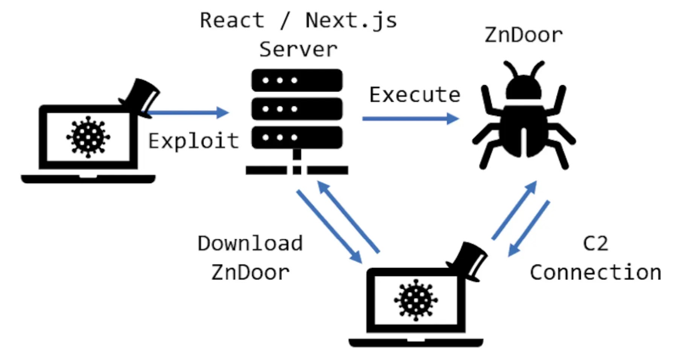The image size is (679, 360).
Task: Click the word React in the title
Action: click(232, 20)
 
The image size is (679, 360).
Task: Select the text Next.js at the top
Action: click(351, 20)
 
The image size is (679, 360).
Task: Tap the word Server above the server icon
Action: click(298, 50)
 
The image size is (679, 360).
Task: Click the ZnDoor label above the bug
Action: click(523, 35)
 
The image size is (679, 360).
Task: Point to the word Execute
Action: click(414, 95)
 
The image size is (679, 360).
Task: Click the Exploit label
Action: click(193, 141)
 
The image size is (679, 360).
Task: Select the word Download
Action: click(250, 244)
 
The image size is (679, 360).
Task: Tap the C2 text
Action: click(595, 244)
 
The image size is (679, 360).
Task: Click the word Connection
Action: click(595, 273)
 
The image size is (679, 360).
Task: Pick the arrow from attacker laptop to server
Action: click(188, 112)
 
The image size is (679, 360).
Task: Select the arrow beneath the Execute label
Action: click(410, 119)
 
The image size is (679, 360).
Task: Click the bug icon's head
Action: click(524, 88)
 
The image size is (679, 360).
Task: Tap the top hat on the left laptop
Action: click(141, 96)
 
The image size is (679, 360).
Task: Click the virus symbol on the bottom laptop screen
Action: click(416, 300)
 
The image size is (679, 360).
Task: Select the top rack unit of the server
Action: click(297, 80)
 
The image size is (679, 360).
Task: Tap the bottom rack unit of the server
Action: click(297, 137)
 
